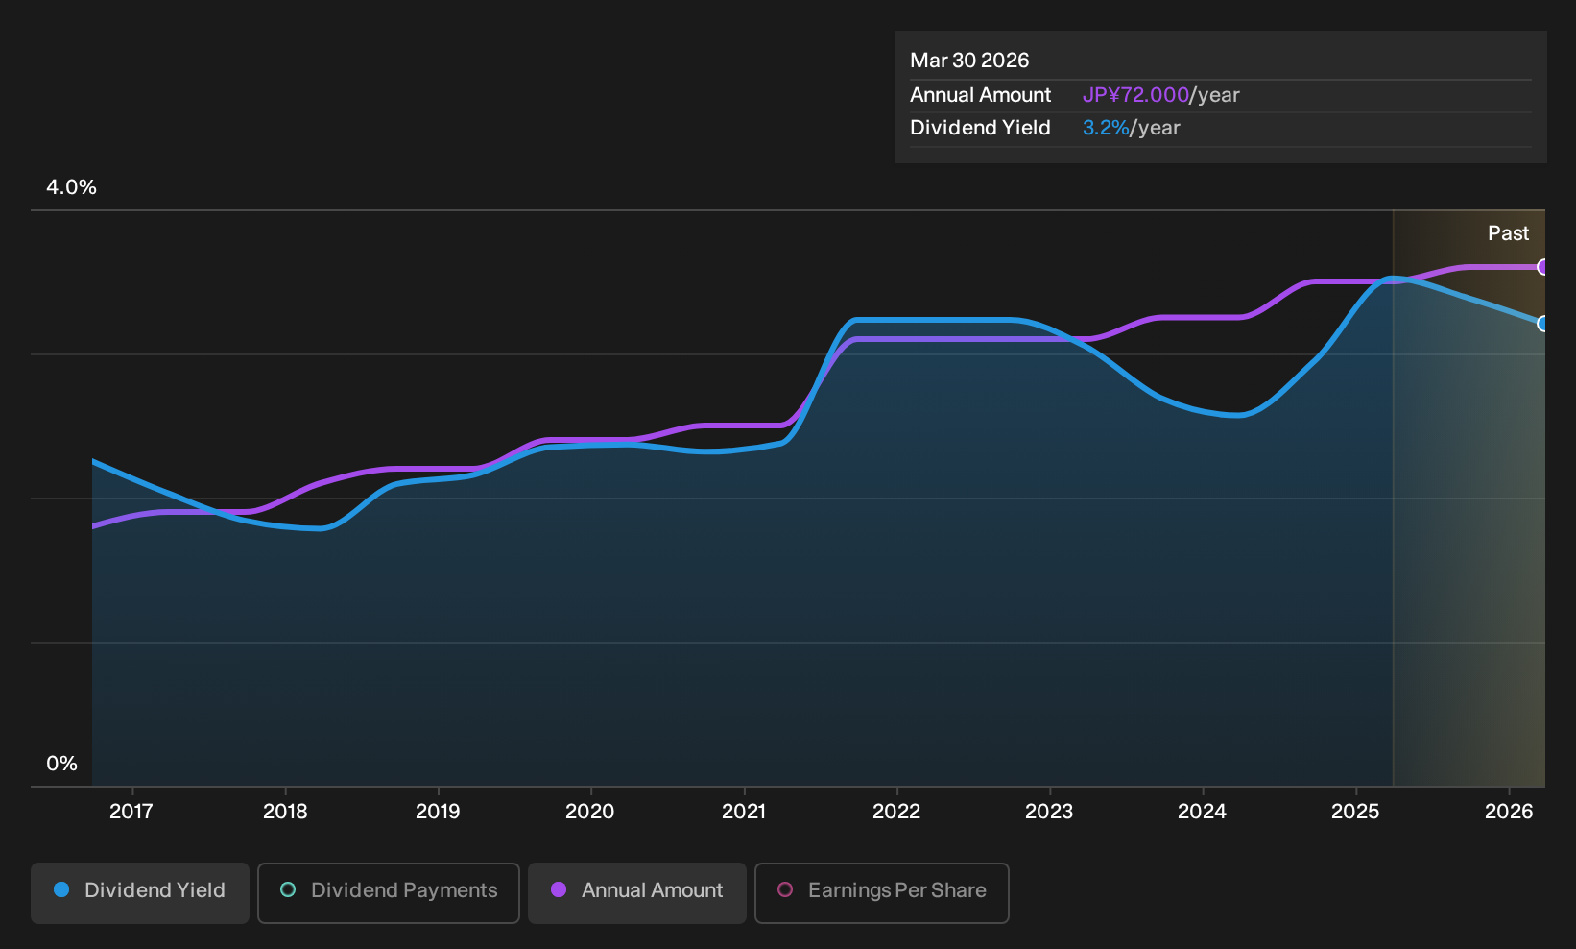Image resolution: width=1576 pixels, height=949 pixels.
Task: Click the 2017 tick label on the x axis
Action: click(x=131, y=811)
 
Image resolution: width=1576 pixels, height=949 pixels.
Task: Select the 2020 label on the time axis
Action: click(x=590, y=811)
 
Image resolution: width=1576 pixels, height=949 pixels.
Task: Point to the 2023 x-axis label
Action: click(x=1049, y=811)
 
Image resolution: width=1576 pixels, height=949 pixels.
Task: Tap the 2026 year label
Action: click(x=1509, y=811)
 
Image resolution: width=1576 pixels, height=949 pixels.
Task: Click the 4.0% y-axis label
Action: click(x=71, y=187)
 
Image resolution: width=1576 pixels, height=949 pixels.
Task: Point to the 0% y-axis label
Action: click(x=62, y=764)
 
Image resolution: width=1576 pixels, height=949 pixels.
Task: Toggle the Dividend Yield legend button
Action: click(x=140, y=892)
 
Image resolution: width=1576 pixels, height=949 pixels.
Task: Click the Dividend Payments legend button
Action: click(x=389, y=892)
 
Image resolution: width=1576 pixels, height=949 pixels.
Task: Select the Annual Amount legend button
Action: click(x=636, y=892)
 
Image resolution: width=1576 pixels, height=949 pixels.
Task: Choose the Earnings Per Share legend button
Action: click(x=881, y=892)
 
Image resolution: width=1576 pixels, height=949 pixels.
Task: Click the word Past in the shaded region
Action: click(x=1508, y=233)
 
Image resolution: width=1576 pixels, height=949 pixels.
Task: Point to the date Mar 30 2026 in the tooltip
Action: click(x=969, y=61)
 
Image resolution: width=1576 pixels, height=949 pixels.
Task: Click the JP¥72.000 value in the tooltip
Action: click(x=1135, y=95)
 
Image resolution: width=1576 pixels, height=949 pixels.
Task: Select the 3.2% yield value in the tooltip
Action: click(x=1106, y=128)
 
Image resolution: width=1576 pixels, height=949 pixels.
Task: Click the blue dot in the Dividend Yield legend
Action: click(x=62, y=889)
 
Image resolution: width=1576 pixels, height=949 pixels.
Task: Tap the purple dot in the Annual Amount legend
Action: click(x=559, y=889)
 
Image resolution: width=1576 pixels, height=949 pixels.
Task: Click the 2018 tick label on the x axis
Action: click(x=285, y=811)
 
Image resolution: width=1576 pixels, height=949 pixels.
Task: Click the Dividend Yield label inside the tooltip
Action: click(x=980, y=128)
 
